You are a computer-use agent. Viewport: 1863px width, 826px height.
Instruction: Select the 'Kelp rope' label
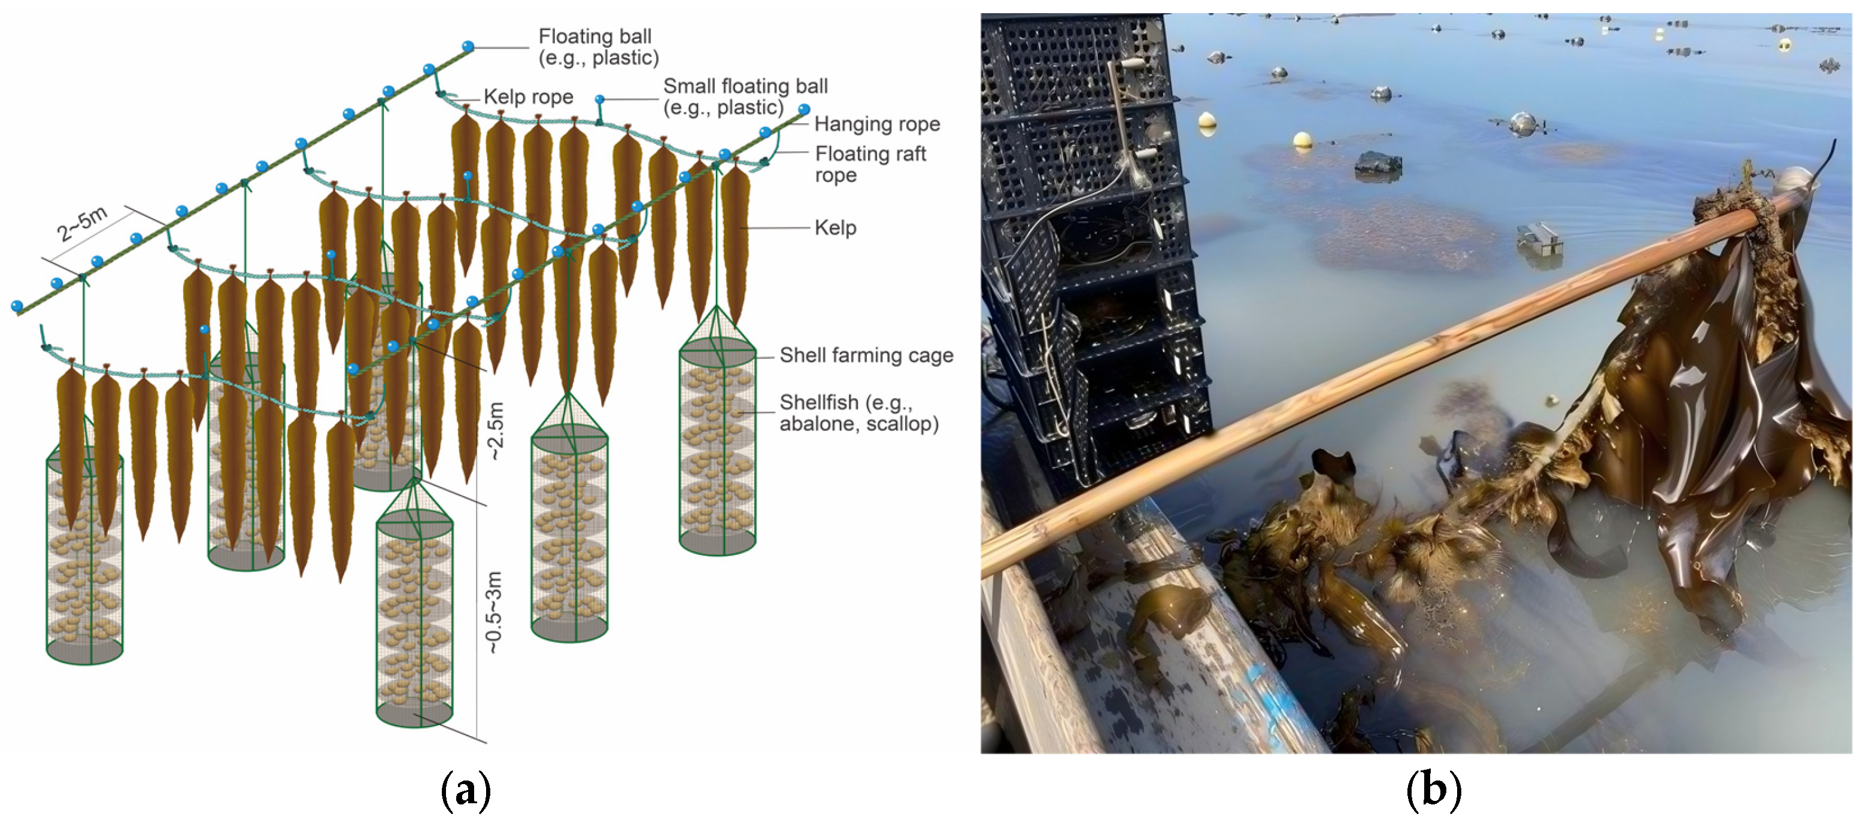(x=528, y=97)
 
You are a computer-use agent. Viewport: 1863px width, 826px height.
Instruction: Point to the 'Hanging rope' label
(x=876, y=124)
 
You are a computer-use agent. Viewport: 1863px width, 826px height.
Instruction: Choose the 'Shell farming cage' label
(x=866, y=355)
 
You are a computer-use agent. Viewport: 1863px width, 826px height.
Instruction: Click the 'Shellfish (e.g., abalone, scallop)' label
(x=858, y=412)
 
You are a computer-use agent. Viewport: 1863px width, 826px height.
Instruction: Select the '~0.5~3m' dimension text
(x=493, y=612)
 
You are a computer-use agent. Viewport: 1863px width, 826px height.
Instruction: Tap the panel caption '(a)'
(x=465, y=790)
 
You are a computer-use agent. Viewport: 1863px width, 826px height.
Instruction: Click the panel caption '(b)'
(x=1433, y=790)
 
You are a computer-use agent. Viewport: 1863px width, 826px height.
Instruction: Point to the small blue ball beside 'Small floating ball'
(x=599, y=99)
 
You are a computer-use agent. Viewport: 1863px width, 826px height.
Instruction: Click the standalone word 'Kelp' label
(x=835, y=228)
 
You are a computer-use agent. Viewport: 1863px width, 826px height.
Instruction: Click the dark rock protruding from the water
(x=1377, y=164)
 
